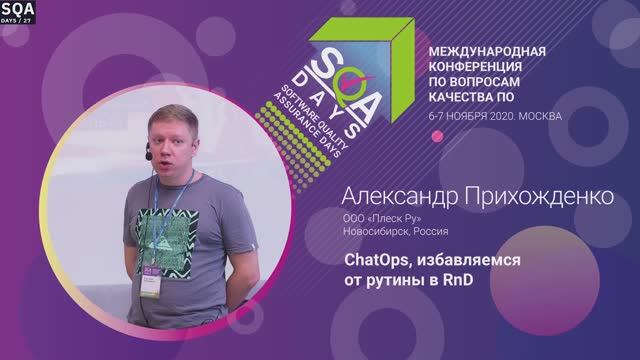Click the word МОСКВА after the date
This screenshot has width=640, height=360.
(538, 116)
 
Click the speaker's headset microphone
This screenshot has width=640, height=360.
(148, 155)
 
